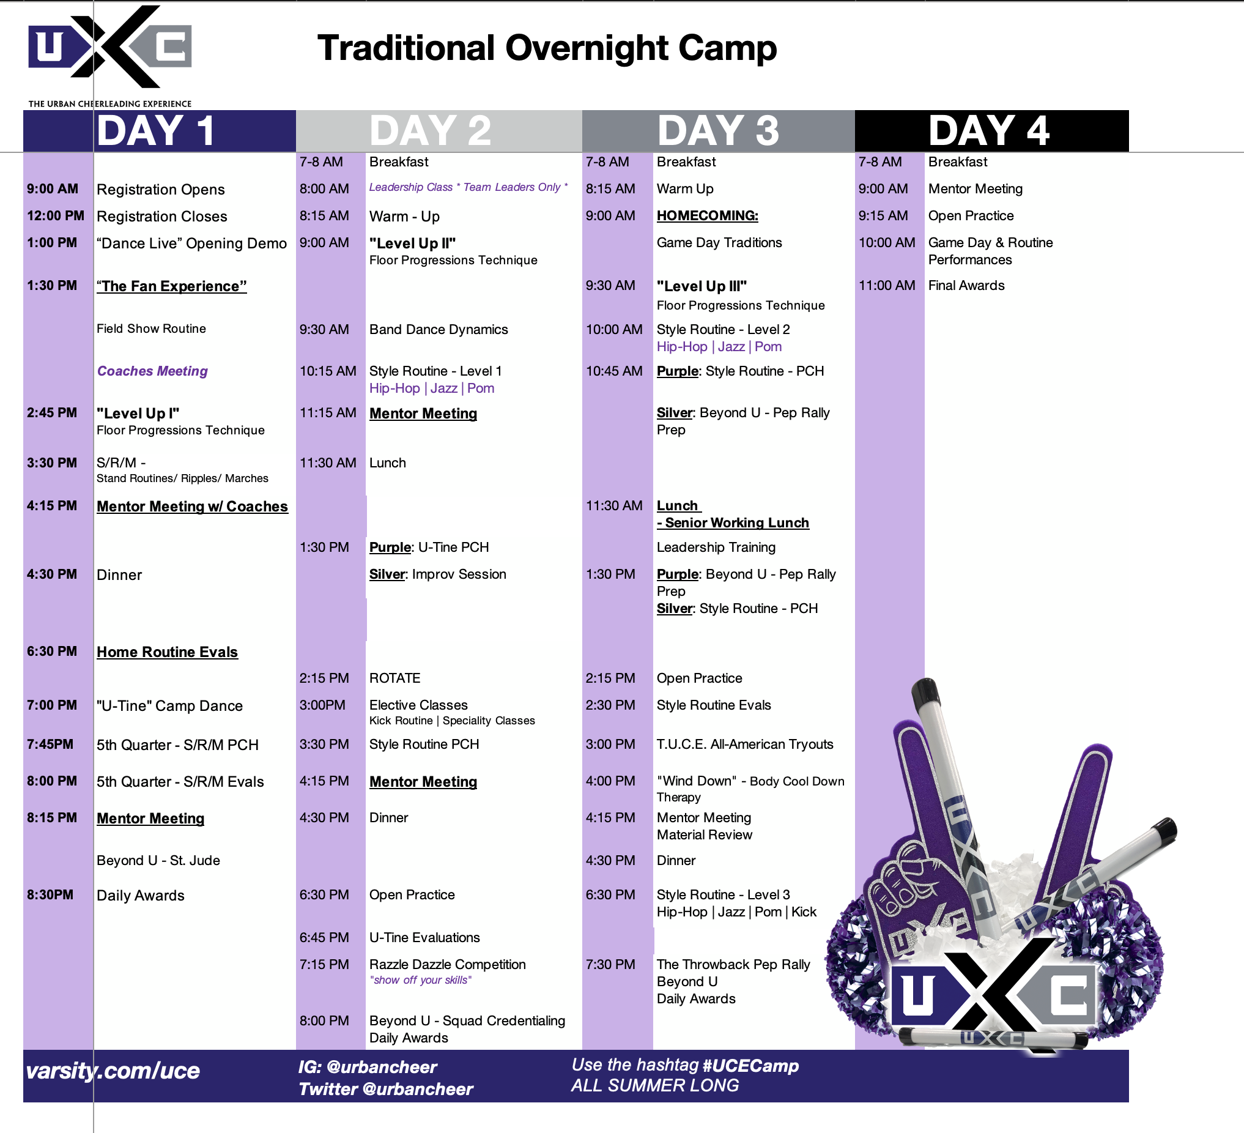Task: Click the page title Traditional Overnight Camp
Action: click(x=547, y=49)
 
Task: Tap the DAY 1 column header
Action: click(x=155, y=131)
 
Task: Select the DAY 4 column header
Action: click(x=989, y=131)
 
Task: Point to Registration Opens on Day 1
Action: click(x=160, y=190)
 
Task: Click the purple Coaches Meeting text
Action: click(x=152, y=371)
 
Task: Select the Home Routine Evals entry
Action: click(x=167, y=652)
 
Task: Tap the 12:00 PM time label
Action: click(x=56, y=216)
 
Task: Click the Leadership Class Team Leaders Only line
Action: click(x=468, y=187)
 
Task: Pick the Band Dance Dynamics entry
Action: click(x=439, y=330)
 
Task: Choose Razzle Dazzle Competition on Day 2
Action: click(x=447, y=965)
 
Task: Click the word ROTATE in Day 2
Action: click(x=395, y=678)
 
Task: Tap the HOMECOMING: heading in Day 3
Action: click(x=707, y=216)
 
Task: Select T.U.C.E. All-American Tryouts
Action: click(x=745, y=745)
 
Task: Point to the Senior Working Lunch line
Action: click(x=733, y=522)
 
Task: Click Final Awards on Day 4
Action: click(x=966, y=286)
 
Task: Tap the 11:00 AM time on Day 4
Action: click(x=887, y=286)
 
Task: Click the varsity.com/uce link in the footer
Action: click(x=113, y=1071)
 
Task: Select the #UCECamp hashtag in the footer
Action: click(x=750, y=1066)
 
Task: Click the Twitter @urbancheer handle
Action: click(x=386, y=1089)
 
